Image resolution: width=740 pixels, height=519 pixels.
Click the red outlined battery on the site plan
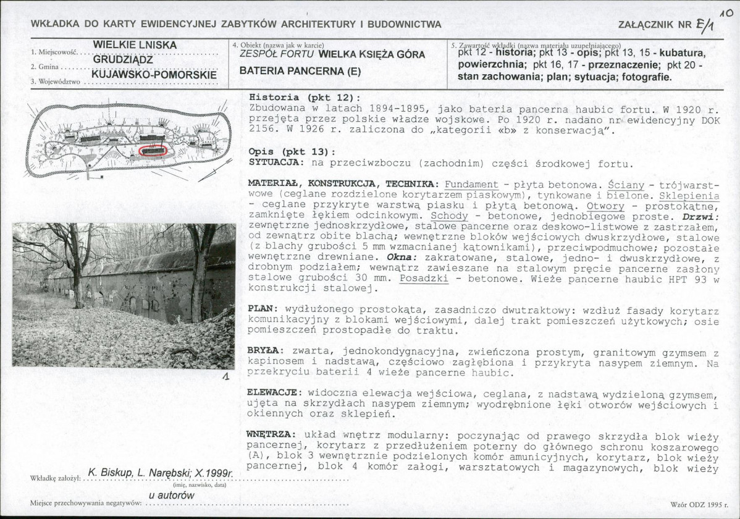coord(154,151)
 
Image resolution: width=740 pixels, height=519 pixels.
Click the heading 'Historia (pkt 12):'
coord(303,98)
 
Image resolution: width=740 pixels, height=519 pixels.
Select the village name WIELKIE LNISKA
coord(135,45)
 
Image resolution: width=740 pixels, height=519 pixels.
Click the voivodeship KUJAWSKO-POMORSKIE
coord(154,75)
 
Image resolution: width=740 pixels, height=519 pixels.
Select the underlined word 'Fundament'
coord(471,184)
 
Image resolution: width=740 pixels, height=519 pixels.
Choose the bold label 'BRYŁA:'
coord(266,350)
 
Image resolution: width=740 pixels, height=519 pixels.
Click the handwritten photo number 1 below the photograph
coord(226,378)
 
